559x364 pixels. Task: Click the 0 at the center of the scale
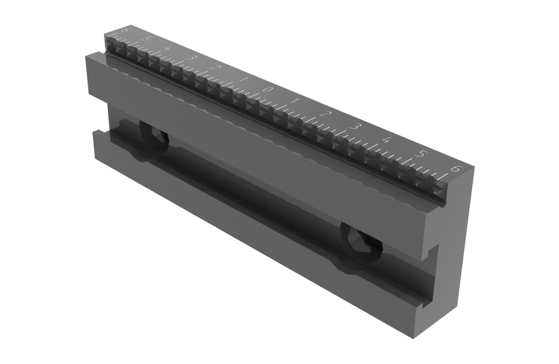(268, 89)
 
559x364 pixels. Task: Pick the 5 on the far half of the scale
(146, 39)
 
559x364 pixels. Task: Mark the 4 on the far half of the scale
(168, 49)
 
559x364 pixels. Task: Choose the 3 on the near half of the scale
(354, 126)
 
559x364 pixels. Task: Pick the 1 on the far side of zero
(241, 79)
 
